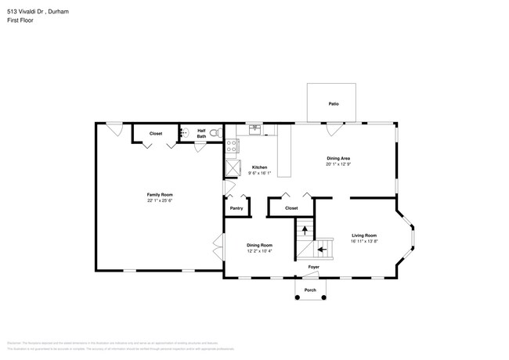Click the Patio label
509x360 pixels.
coord(333,103)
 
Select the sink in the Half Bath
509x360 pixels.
coord(184,133)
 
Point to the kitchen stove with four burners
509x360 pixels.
coord(233,146)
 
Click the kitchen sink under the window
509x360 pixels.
coord(254,128)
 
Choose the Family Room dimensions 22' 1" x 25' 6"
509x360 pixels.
coord(160,200)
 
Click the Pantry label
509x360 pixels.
coord(236,208)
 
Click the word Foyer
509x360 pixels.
coord(313,268)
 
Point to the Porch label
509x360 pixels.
coord(310,290)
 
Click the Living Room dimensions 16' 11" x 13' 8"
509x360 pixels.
coord(364,242)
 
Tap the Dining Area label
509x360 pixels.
coord(338,159)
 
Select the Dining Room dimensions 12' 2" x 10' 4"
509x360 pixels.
coord(259,250)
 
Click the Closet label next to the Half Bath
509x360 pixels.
coord(156,134)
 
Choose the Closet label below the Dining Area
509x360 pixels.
coord(291,208)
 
